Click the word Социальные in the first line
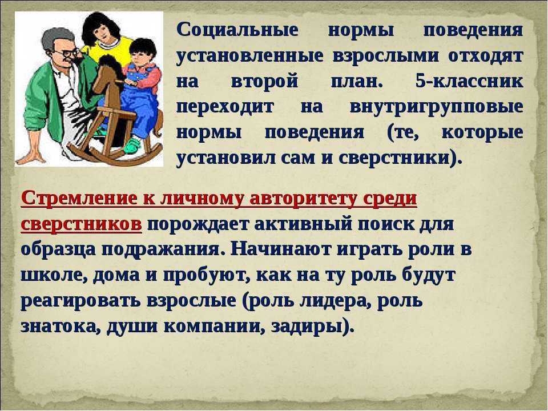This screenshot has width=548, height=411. click(237, 30)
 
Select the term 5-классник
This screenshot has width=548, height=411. click(469, 82)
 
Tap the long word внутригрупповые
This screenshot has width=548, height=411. click(437, 107)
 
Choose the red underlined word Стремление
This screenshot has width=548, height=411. click(79, 199)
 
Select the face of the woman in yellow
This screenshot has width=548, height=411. click(102, 33)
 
